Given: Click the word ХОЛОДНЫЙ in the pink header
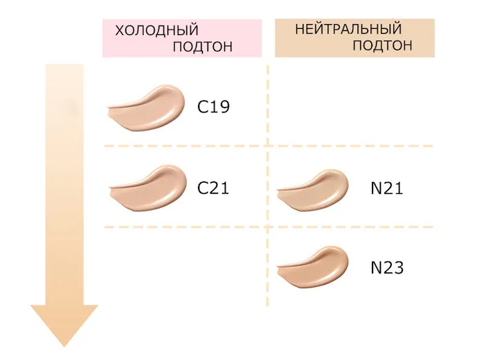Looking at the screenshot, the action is click(157, 31).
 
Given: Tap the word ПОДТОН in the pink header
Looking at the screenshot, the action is click(202, 47).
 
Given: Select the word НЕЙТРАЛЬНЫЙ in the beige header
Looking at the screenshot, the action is click(348, 30).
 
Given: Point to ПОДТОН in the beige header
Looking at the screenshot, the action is click(382, 46).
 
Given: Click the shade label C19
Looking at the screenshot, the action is click(213, 107).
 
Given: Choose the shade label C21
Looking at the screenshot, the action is click(213, 188).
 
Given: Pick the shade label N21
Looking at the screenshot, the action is click(386, 188).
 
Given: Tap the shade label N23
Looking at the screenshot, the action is click(386, 268).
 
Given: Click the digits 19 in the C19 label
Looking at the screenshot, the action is click(220, 107).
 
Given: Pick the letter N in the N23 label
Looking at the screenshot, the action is click(376, 268).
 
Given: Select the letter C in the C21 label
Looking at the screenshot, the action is click(204, 188).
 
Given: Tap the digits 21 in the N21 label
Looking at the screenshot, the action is click(394, 188).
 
